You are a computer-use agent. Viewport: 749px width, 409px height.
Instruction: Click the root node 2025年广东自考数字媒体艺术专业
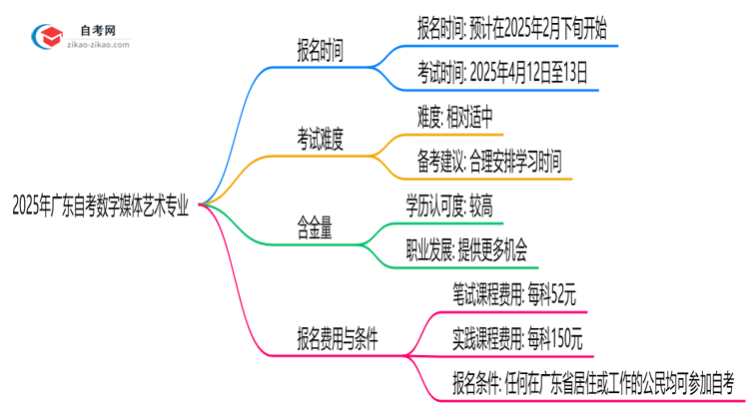click(100, 205)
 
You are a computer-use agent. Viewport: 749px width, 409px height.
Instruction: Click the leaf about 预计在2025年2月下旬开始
click(516, 29)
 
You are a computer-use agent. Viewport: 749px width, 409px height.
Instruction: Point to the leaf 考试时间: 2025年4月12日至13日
click(501, 72)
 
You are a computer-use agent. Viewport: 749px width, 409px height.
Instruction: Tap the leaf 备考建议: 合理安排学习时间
click(488, 161)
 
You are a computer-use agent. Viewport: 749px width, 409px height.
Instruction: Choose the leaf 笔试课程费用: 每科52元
click(513, 294)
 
